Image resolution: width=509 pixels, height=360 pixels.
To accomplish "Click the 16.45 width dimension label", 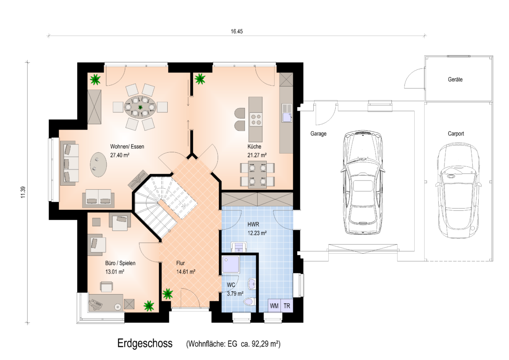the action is (237, 32).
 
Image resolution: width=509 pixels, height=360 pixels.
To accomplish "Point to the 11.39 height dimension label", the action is (22, 192).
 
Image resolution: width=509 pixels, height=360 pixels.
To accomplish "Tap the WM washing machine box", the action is (274, 306).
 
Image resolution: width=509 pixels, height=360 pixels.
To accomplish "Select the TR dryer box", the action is (287, 306).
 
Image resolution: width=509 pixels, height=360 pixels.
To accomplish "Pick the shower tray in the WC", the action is (231, 264).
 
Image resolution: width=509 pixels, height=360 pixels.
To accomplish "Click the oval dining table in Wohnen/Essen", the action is (140, 107).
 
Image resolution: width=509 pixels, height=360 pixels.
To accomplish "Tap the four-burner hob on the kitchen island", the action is (255, 119).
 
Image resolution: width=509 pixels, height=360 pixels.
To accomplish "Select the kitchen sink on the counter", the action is (287, 113).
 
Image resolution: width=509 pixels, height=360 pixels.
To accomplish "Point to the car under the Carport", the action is (458, 190).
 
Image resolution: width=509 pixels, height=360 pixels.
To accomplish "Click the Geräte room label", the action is (455, 79).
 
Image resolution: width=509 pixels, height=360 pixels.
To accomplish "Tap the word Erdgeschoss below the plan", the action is (145, 344).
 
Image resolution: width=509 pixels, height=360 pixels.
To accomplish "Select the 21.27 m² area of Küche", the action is (257, 155).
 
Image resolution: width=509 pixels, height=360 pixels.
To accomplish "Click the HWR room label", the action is (253, 224).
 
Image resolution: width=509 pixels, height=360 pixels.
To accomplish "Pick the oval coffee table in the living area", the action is (98, 165).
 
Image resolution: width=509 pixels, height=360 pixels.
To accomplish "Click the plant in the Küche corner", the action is (200, 79).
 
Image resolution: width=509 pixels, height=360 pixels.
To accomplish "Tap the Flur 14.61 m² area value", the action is (186, 272).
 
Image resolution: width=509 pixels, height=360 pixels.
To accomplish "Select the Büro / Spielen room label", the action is (120, 263).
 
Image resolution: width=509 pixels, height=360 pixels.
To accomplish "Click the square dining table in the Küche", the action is (257, 175).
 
